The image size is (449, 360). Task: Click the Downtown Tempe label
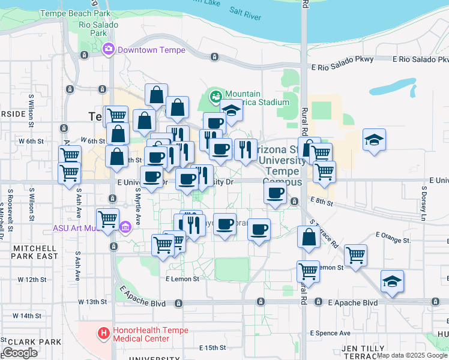coord(151,50)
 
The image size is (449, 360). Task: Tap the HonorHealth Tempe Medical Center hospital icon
coord(104,332)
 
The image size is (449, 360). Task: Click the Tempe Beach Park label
coord(75,13)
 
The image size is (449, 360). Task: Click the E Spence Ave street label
coord(330,332)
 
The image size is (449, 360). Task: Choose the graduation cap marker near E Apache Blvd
coord(393,281)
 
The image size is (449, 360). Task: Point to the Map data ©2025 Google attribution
coord(412,355)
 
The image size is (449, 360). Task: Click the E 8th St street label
coord(321,202)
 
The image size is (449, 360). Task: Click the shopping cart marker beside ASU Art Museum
coord(107,219)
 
